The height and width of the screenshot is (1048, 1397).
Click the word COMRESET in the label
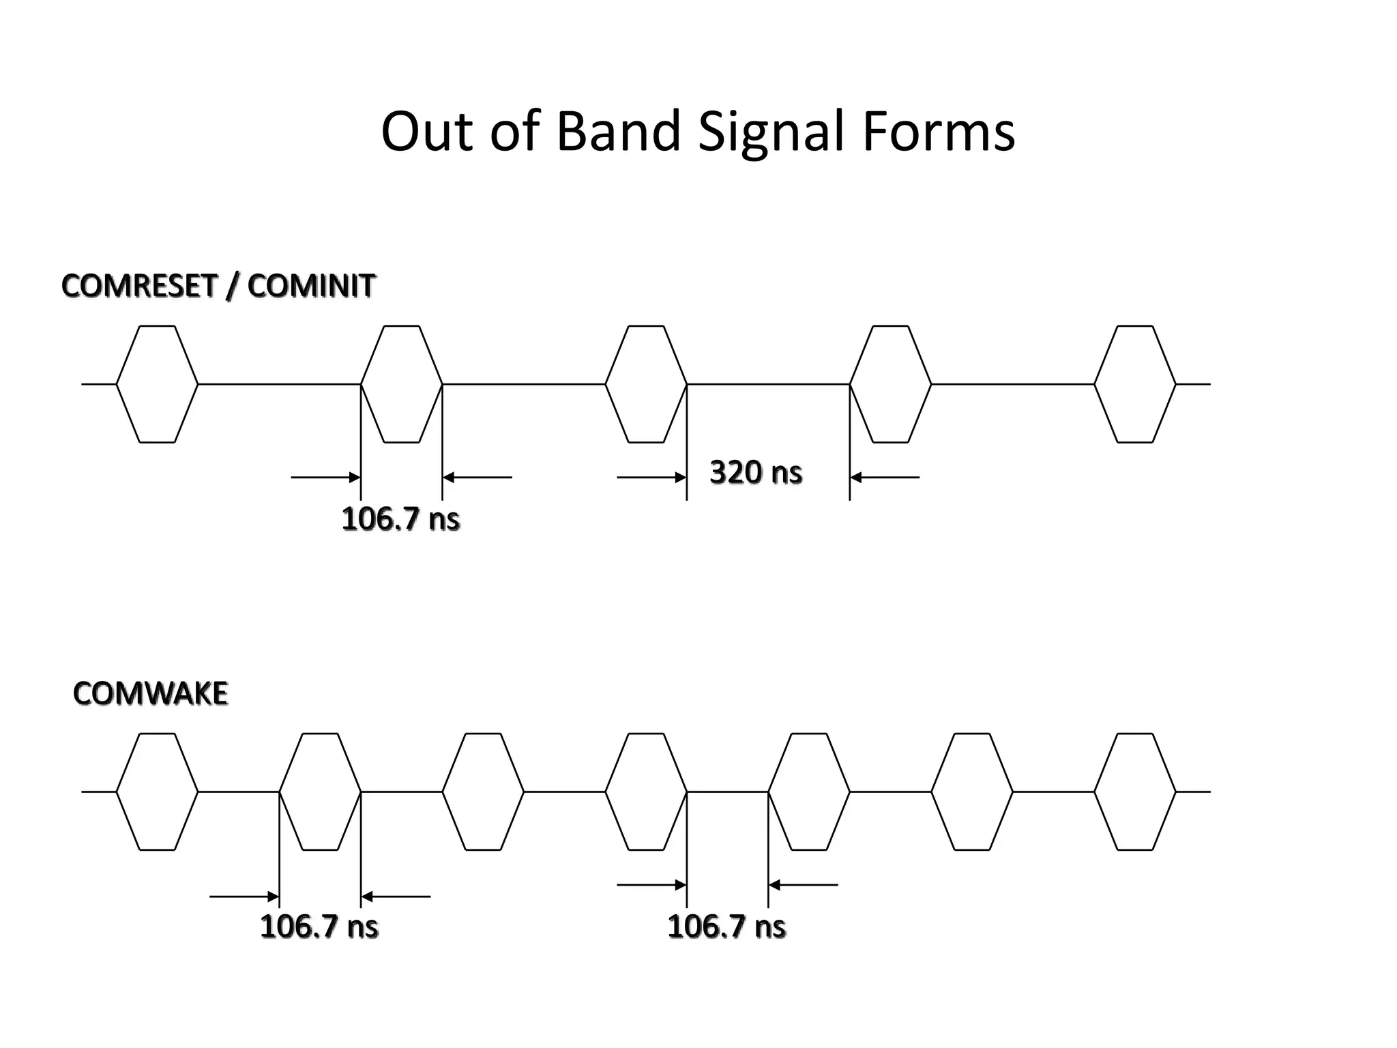click(139, 286)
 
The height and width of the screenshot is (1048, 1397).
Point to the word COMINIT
click(311, 286)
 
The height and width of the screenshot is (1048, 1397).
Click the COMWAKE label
click(150, 694)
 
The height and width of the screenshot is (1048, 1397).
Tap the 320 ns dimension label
click(756, 472)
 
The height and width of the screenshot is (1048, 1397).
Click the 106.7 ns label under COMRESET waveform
click(400, 519)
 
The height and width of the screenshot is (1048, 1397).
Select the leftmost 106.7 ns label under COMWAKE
click(319, 927)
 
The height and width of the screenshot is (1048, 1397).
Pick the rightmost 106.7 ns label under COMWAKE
click(726, 927)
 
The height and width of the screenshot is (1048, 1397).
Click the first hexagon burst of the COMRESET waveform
click(157, 384)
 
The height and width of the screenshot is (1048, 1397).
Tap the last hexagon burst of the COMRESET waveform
click(1135, 384)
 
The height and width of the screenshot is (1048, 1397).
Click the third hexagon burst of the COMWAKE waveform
click(483, 791)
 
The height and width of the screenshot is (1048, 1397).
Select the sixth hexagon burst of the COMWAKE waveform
click(972, 791)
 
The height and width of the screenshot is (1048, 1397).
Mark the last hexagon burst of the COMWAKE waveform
click(1135, 791)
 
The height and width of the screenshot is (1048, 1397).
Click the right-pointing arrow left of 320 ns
click(651, 478)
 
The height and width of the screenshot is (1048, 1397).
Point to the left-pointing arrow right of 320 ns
click(885, 478)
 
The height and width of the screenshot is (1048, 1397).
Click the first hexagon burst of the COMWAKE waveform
click(157, 791)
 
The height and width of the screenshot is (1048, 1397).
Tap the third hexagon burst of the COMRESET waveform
click(646, 384)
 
